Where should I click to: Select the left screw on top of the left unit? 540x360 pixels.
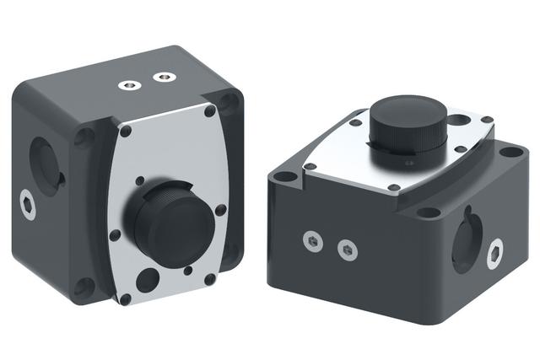(129, 84)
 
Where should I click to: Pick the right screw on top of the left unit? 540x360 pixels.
(160, 78)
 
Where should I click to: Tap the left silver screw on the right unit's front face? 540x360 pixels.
(312, 242)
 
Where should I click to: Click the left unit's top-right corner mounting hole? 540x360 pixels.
(229, 103)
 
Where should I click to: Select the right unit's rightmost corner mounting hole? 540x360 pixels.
(509, 153)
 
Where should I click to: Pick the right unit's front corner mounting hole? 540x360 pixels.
(429, 212)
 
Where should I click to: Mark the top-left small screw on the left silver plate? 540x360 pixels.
(125, 132)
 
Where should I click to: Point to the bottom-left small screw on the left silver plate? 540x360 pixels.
(125, 298)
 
